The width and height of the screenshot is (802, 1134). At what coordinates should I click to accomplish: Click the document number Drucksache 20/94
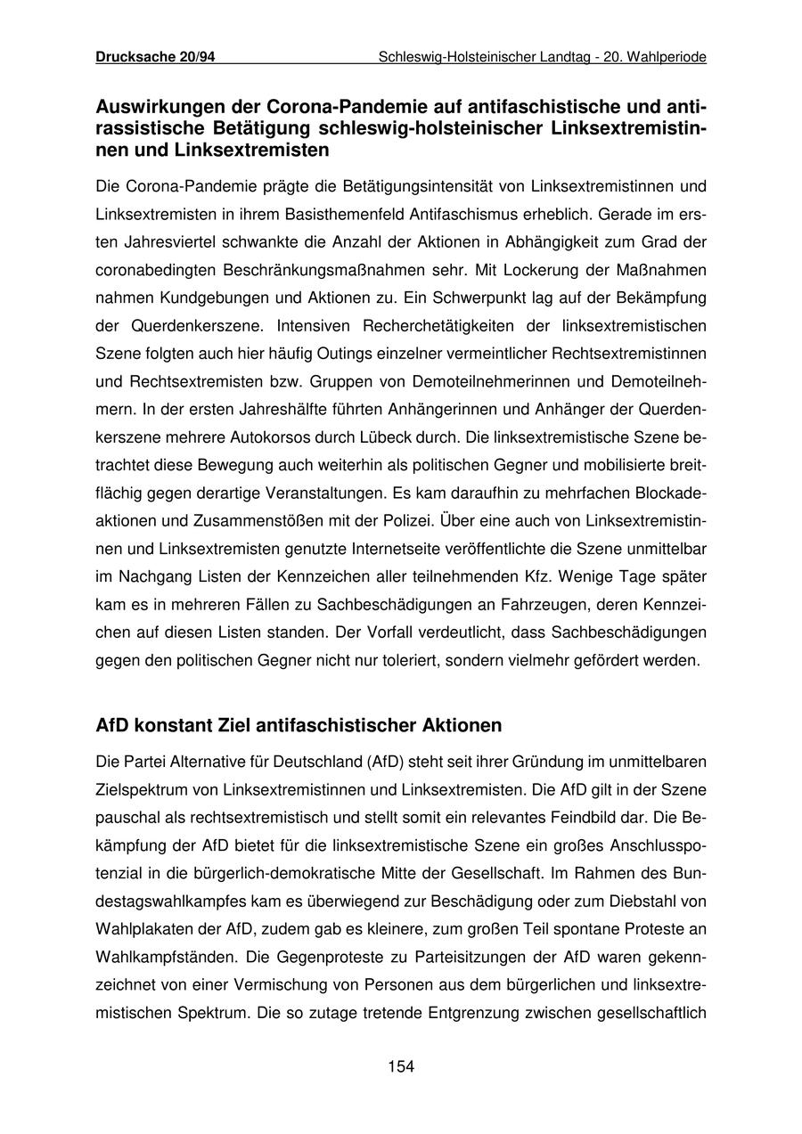click(155, 57)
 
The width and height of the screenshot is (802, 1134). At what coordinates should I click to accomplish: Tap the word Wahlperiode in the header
click(667, 57)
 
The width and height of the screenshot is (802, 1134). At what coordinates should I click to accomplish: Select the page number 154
click(401, 1066)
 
